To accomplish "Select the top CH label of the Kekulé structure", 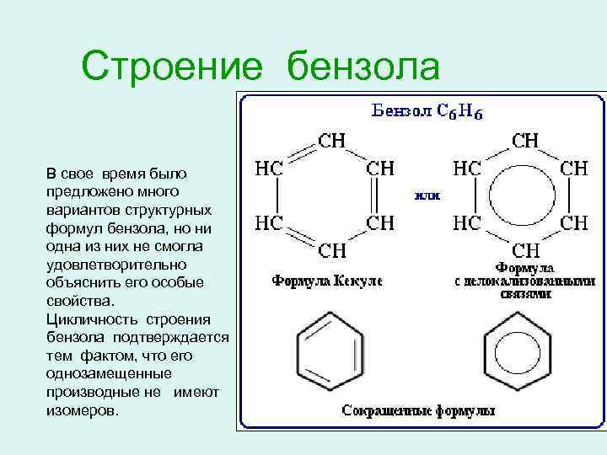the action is tap(330, 141).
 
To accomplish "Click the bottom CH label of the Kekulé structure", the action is tap(330, 250).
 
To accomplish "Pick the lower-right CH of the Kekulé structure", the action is tap(380, 223).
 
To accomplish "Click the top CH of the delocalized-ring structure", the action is tap(526, 140).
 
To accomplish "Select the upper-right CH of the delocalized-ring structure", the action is tap(575, 169).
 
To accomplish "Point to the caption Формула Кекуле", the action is tap(326, 280).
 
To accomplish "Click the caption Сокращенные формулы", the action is tap(417, 411).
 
